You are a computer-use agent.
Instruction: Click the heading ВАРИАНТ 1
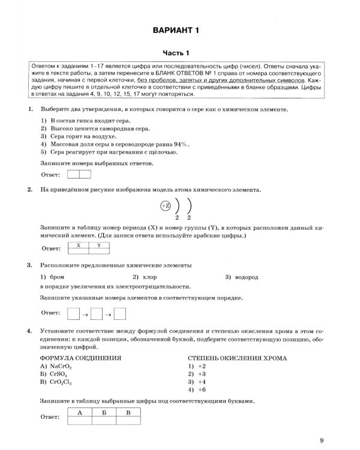click(x=180, y=30)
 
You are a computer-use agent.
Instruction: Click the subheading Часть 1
click(x=180, y=53)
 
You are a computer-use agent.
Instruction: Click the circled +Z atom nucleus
click(x=166, y=206)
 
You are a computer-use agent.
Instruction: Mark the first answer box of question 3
click(x=73, y=313)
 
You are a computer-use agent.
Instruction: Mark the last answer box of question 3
click(x=119, y=313)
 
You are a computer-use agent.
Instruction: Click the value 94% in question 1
click(x=181, y=144)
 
